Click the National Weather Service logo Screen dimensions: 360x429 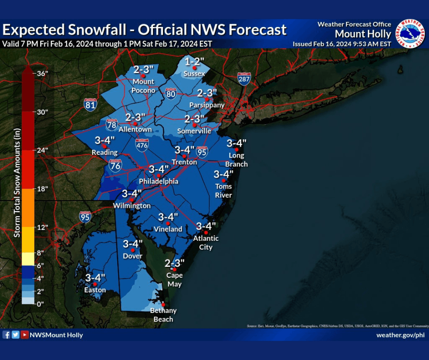click(x=409, y=33)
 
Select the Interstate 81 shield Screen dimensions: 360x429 click(x=90, y=105)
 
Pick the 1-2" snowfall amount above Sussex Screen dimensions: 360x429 click(x=194, y=62)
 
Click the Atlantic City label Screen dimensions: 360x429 click(x=206, y=243)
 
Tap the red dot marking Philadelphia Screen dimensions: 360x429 click(x=159, y=175)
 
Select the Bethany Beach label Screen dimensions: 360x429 click(x=163, y=315)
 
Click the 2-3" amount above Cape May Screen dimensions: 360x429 click(x=174, y=263)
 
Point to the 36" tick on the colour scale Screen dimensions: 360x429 click(x=42, y=73)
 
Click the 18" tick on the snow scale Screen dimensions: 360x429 click(x=42, y=189)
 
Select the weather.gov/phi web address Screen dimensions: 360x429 click(x=400, y=335)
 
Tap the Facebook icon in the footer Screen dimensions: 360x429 click(x=6, y=335)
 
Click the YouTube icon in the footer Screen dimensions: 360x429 click(x=24, y=335)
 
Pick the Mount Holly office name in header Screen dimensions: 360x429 click(x=363, y=34)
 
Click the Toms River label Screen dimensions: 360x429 click(x=224, y=191)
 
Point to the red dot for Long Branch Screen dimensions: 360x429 click(x=236, y=149)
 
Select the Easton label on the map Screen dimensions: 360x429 click(x=95, y=290)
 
